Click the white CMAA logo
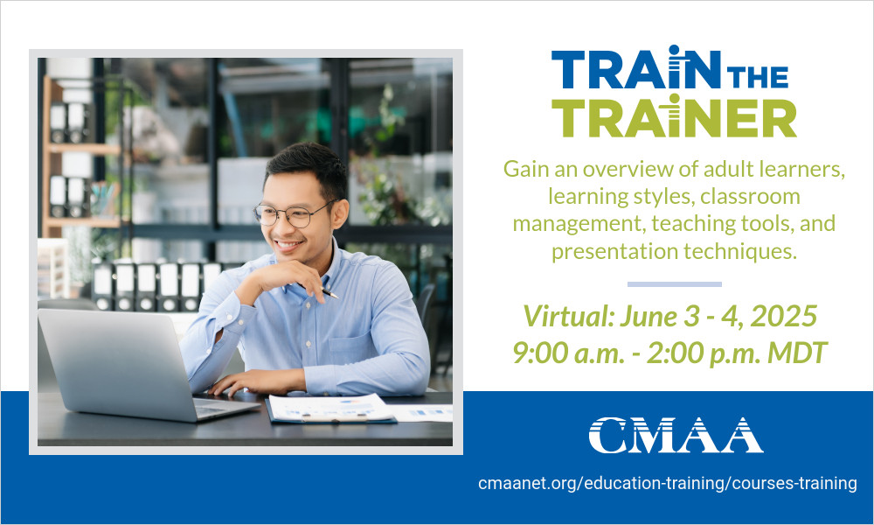coord(676,435)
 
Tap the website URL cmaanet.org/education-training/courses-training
coord(668,483)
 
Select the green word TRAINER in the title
coord(674,116)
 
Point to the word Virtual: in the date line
coord(569,317)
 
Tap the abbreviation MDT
coord(798,353)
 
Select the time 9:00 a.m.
coord(569,353)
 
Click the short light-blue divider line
coord(675,284)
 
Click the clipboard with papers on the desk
coord(330,409)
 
